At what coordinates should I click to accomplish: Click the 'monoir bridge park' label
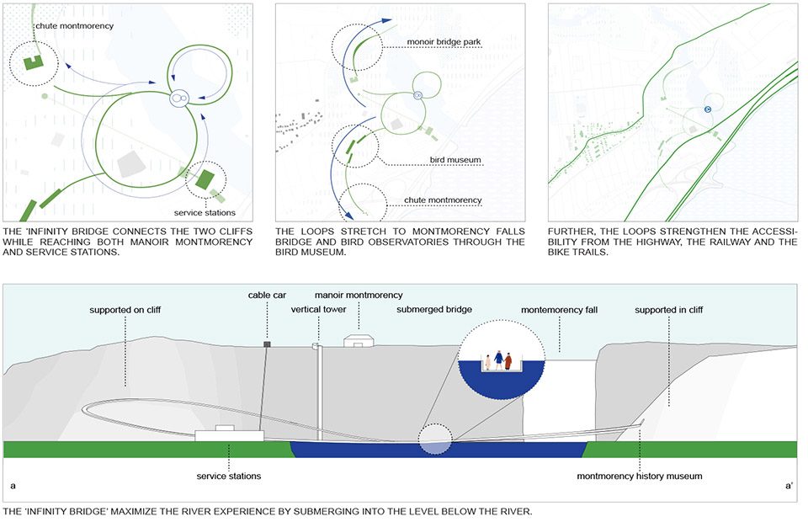(x=444, y=42)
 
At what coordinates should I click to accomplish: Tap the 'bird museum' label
(x=455, y=160)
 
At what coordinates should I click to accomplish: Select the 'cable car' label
(x=267, y=296)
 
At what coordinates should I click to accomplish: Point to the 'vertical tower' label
(x=318, y=309)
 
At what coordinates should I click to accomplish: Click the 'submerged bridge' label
(x=434, y=309)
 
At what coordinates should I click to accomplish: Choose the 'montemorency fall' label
(x=559, y=310)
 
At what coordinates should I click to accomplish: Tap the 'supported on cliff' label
(x=125, y=310)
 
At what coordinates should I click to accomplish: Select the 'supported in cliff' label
(x=669, y=310)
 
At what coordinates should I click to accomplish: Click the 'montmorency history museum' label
(x=640, y=477)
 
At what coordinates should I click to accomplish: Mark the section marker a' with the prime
(x=789, y=486)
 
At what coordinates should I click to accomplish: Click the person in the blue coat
(x=498, y=360)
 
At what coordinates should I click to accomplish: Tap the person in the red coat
(x=508, y=361)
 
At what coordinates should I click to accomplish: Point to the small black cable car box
(x=267, y=344)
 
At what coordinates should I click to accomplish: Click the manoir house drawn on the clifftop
(x=359, y=340)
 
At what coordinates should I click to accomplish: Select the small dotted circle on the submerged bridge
(x=435, y=439)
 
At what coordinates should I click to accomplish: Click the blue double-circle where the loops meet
(x=178, y=98)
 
